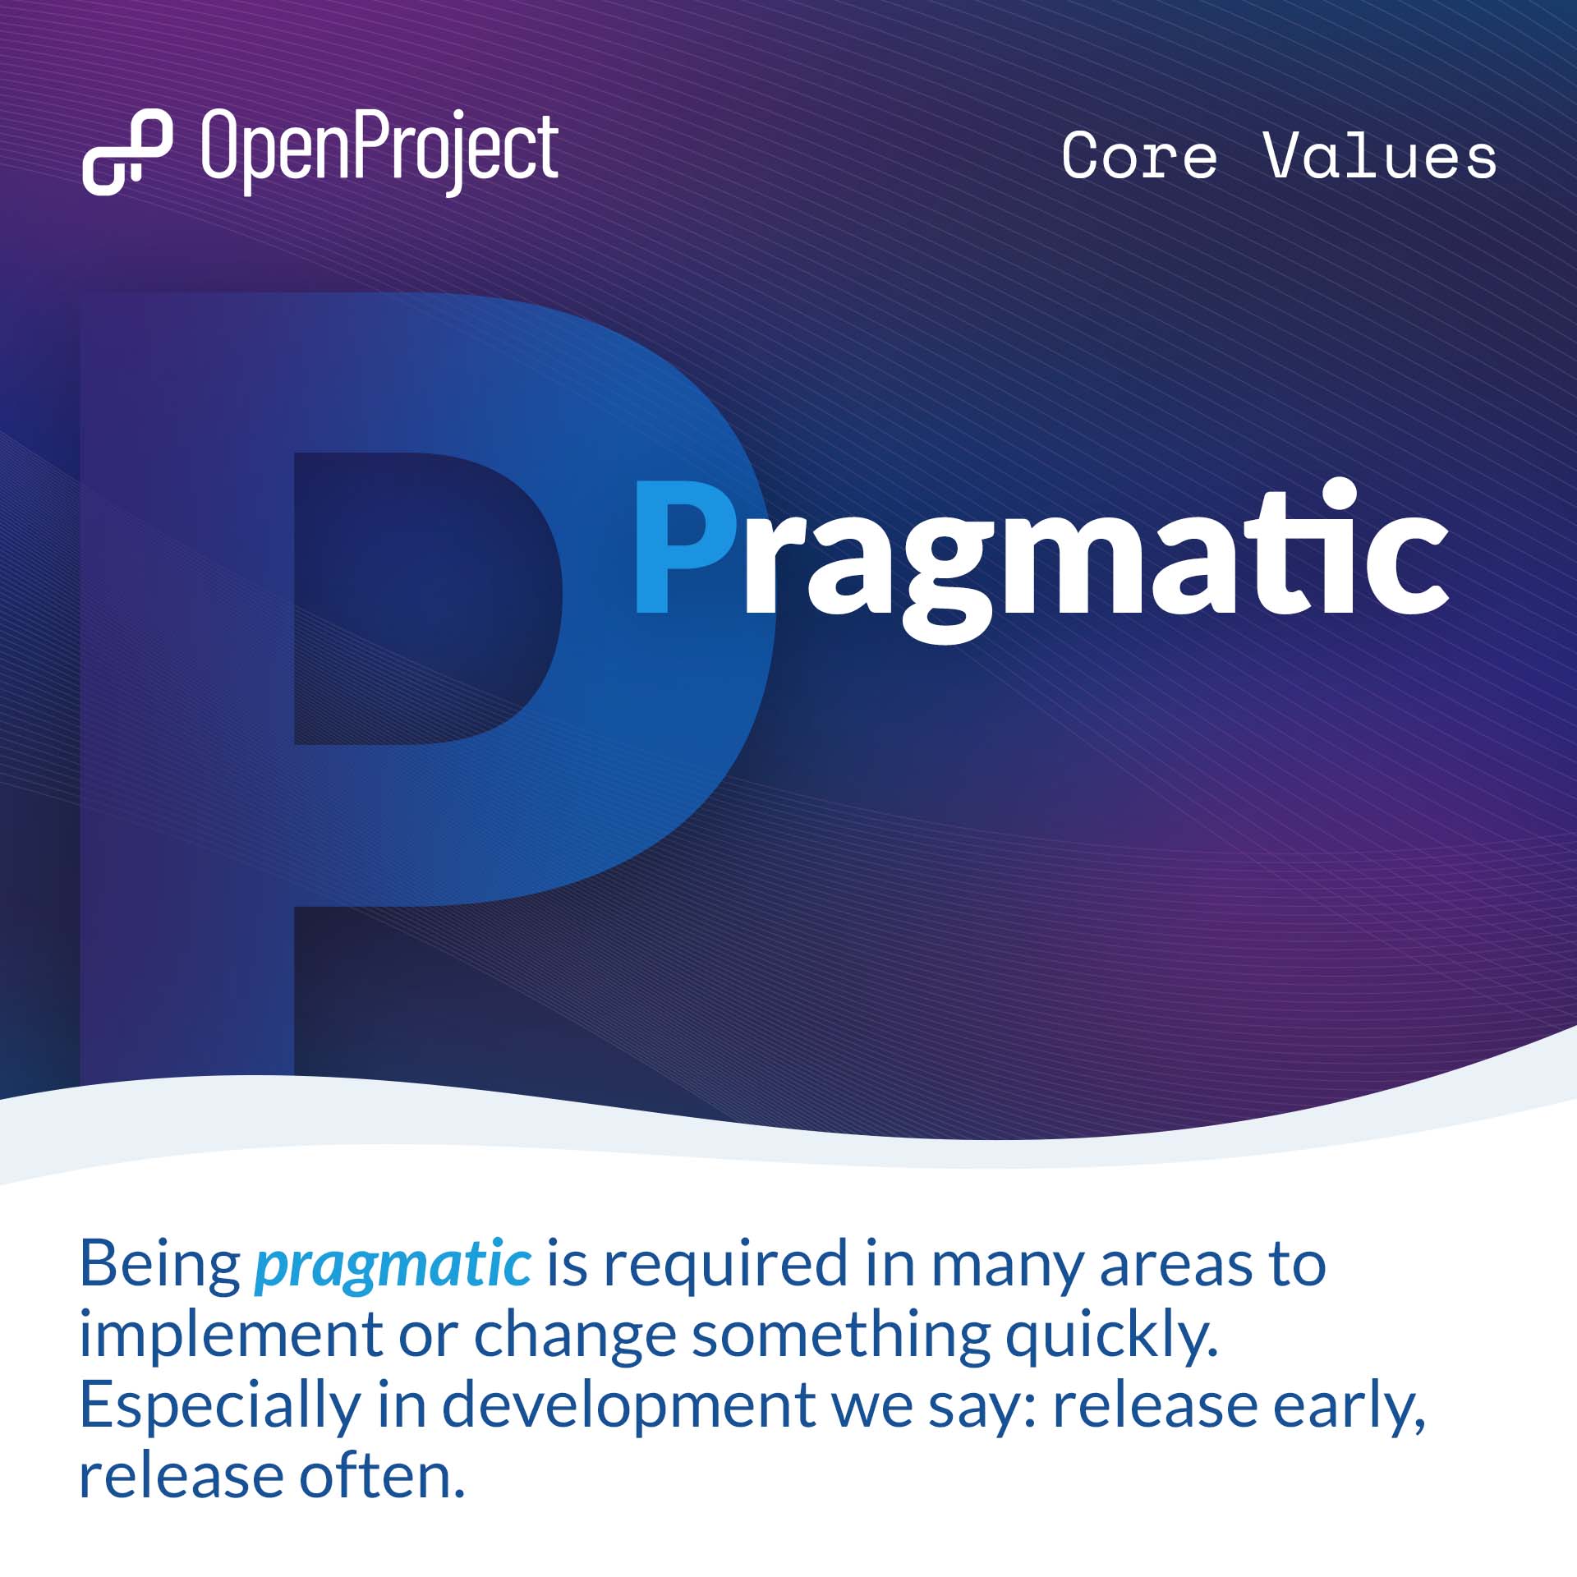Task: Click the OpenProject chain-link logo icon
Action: pos(127,152)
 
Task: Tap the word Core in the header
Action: pos(1139,155)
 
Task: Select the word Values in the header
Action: pos(1380,155)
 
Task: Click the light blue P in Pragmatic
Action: pos(684,548)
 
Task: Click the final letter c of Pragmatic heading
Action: pos(1410,567)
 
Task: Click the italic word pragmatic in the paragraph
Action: pos(393,1263)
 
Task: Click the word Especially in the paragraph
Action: pos(220,1406)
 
